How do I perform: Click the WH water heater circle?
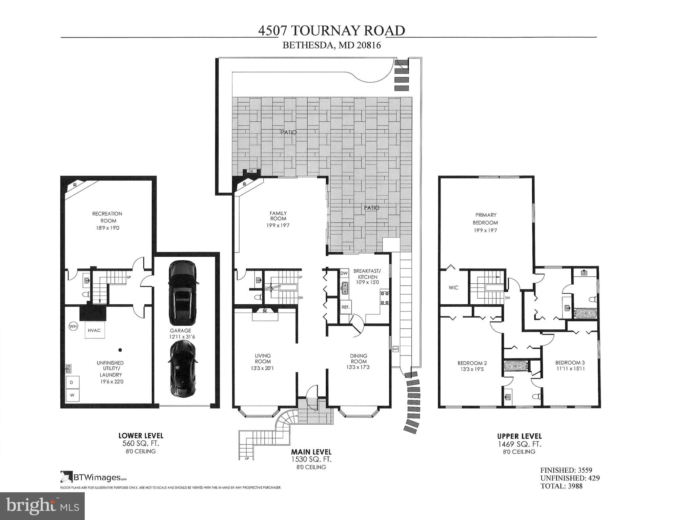[73, 326]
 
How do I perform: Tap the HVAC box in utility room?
[94, 330]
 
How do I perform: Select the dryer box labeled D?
[72, 382]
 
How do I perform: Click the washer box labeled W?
[72, 395]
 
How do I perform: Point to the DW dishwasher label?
[344, 273]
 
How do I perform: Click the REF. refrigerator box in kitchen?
[345, 307]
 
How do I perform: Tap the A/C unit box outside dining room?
[395, 349]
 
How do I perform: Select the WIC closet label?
[453, 288]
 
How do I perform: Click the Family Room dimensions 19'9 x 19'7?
[278, 225]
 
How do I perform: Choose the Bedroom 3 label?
[570, 363]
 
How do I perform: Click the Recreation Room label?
[107, 217]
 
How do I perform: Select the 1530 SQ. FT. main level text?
[311, 459]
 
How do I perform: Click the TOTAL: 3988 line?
[561, 486]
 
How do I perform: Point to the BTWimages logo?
[93, 477]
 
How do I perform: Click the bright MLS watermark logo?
[42, 506]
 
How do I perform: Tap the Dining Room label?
[358, 358]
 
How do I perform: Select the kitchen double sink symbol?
[345, 288]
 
